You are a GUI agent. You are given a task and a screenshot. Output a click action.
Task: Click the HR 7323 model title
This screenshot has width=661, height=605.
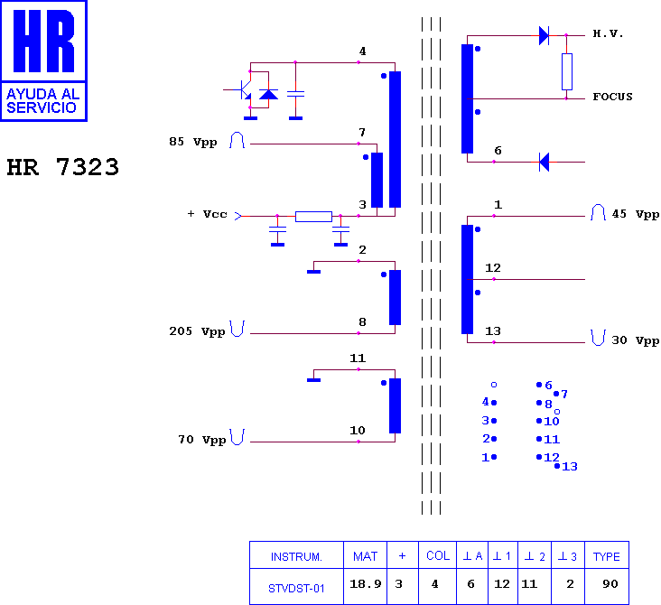coord(63,167)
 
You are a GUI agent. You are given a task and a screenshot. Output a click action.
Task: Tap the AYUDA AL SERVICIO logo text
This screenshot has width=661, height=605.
coord(43,101)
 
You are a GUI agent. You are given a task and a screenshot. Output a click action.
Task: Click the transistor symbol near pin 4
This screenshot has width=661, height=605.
coord(243,89)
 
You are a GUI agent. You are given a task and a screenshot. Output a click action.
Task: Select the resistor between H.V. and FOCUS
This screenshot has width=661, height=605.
coord(566,71)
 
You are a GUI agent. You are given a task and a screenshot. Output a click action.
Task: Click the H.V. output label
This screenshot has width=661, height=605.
coord(608,33)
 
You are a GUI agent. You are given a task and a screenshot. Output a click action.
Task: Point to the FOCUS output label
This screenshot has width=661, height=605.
coord(612,97)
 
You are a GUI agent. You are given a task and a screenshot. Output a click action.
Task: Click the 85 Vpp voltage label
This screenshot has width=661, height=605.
coord(193,142)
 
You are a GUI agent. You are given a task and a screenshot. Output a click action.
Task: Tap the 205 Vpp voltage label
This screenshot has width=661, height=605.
coord(197,331)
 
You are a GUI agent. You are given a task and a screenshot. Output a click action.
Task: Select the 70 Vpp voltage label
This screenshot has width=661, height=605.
coord(202,440)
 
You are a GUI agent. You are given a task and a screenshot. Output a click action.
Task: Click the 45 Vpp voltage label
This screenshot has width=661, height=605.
coord(636,214)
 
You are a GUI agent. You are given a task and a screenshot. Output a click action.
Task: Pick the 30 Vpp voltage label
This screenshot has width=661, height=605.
coord(636,340)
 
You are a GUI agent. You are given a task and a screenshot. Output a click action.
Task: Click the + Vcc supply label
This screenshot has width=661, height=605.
coord(207,214)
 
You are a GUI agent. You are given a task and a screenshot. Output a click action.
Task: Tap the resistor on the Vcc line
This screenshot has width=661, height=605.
coord(313,217)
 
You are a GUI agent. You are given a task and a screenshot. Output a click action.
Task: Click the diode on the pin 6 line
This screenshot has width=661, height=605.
coord(545,162)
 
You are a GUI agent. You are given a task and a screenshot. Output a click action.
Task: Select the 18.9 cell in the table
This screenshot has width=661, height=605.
coord(366,584)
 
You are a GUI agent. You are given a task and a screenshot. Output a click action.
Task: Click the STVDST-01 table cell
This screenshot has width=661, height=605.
coord(296,588)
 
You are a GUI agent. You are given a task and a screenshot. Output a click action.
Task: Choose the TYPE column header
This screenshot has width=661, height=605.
coord(606,557)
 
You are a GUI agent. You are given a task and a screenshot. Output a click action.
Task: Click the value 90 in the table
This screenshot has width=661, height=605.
coord(610,584)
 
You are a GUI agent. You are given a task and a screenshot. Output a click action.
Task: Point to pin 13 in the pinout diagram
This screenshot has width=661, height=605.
coord(566,466)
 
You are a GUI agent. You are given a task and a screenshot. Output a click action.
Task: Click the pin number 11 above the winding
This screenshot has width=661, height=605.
coord(358,358)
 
